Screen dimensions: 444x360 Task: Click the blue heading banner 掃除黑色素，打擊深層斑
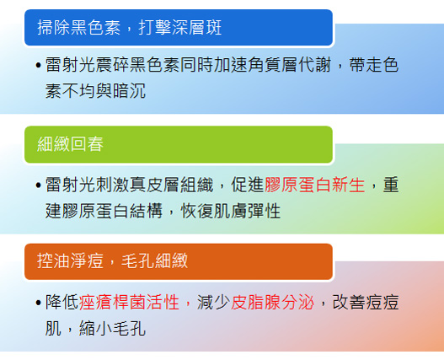click(x=179, y=28)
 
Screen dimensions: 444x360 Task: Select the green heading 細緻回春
click(x=179, y=144)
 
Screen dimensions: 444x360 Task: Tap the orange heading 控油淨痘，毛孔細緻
click(x=179, y=261)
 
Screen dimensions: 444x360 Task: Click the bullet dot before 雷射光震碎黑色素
click(x=39, y=66)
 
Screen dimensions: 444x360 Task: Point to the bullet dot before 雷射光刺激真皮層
click(x=39, y=185)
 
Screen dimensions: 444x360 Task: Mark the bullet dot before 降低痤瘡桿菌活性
click(x=39, y=303)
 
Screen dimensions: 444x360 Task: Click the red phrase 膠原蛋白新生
click(x=314, y=185)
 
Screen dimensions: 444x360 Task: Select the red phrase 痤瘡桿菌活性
click(x=129, y=302)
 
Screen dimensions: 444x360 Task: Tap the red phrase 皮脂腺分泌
click(x=272, y=302)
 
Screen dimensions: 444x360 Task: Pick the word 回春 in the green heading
click(x=87, y=144)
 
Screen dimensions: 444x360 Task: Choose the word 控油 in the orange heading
click(x=54, y=261)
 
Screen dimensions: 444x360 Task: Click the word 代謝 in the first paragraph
click(x=314, y=65)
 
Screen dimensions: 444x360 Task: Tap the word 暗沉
click(x=129, y=91)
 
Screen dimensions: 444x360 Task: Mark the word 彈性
click(x=265, y=211)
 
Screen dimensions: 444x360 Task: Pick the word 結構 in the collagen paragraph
click(x=146, y=211)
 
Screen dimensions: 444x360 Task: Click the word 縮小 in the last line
click(x=96, y=328)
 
